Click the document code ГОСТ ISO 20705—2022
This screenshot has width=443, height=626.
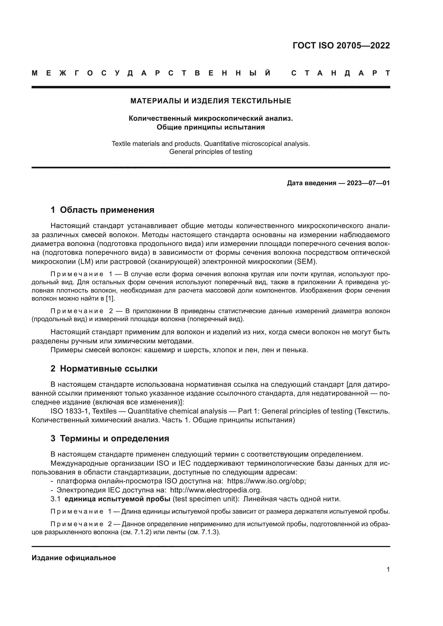341,45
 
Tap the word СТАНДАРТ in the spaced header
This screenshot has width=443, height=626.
340,73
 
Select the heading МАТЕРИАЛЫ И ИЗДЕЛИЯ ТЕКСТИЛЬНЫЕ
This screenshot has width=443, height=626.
211,101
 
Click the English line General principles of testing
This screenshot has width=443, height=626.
211,151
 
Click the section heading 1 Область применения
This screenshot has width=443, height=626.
102,210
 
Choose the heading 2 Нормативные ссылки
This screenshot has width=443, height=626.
104,369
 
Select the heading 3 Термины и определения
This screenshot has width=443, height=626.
110,438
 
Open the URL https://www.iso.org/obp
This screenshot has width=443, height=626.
266,481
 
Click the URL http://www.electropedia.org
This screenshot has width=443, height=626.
216,490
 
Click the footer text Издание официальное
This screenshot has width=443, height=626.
74,558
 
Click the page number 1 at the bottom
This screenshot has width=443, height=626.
388,570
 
